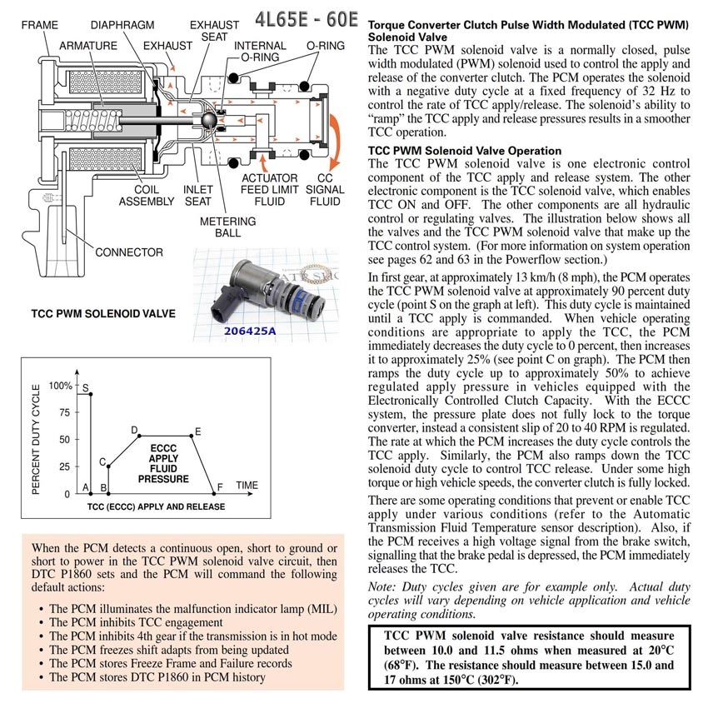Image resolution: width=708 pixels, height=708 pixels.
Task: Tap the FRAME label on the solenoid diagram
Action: point(39,26)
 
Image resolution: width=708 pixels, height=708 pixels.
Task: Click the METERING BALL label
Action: point(227,228)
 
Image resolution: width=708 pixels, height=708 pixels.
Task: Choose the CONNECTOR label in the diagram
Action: point(128,252)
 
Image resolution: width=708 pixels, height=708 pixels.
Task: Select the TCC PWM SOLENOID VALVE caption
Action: point(103,314)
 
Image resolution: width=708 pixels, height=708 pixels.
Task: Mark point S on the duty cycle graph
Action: point(86,389)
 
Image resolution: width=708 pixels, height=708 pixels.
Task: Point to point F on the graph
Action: point(220,487)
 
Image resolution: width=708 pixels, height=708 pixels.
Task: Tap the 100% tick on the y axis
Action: point(60,386)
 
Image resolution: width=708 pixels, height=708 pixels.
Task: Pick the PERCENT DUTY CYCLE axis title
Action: point(36,440)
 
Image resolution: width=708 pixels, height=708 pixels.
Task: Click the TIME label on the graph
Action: point(247,486)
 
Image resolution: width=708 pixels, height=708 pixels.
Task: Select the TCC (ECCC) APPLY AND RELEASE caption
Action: point(156,506)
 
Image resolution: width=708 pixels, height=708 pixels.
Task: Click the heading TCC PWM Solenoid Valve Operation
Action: point(465,151)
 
